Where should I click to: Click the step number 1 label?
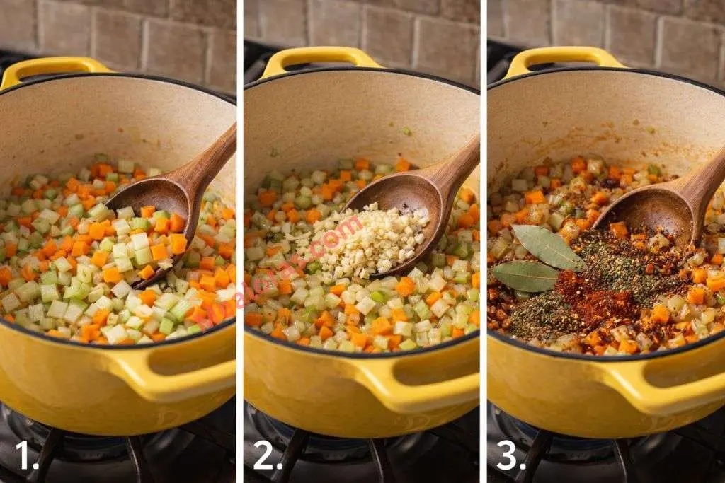pos(25,456)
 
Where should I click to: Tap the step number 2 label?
pos(268,456)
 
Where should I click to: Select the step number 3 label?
pos(510,456)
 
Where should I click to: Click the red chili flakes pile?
pos(591,293)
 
